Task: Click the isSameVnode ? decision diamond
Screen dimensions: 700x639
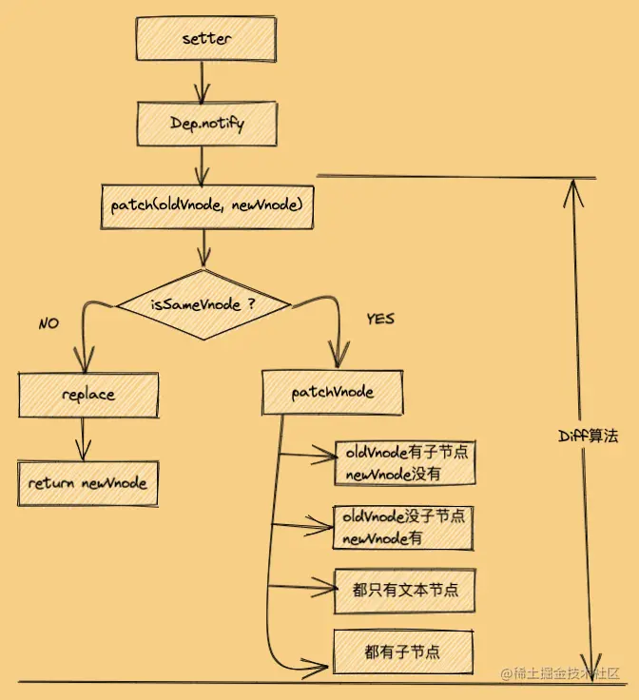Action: click(x=203, y=305)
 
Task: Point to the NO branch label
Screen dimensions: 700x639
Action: click(x=48, y=323)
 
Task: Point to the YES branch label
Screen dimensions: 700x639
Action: click(x=379, y=319)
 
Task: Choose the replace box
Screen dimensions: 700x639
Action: click(x=87, y=394)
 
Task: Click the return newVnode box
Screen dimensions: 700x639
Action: click(x=87, y=483)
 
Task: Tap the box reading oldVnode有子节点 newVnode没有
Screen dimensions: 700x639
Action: click(x=403, y=462)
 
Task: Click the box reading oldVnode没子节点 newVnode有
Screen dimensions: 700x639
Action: click(x=403, y=528)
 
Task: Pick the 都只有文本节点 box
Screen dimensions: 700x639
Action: click(x=404, y=591)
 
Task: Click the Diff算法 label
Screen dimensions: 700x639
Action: click(x=588, y=437)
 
